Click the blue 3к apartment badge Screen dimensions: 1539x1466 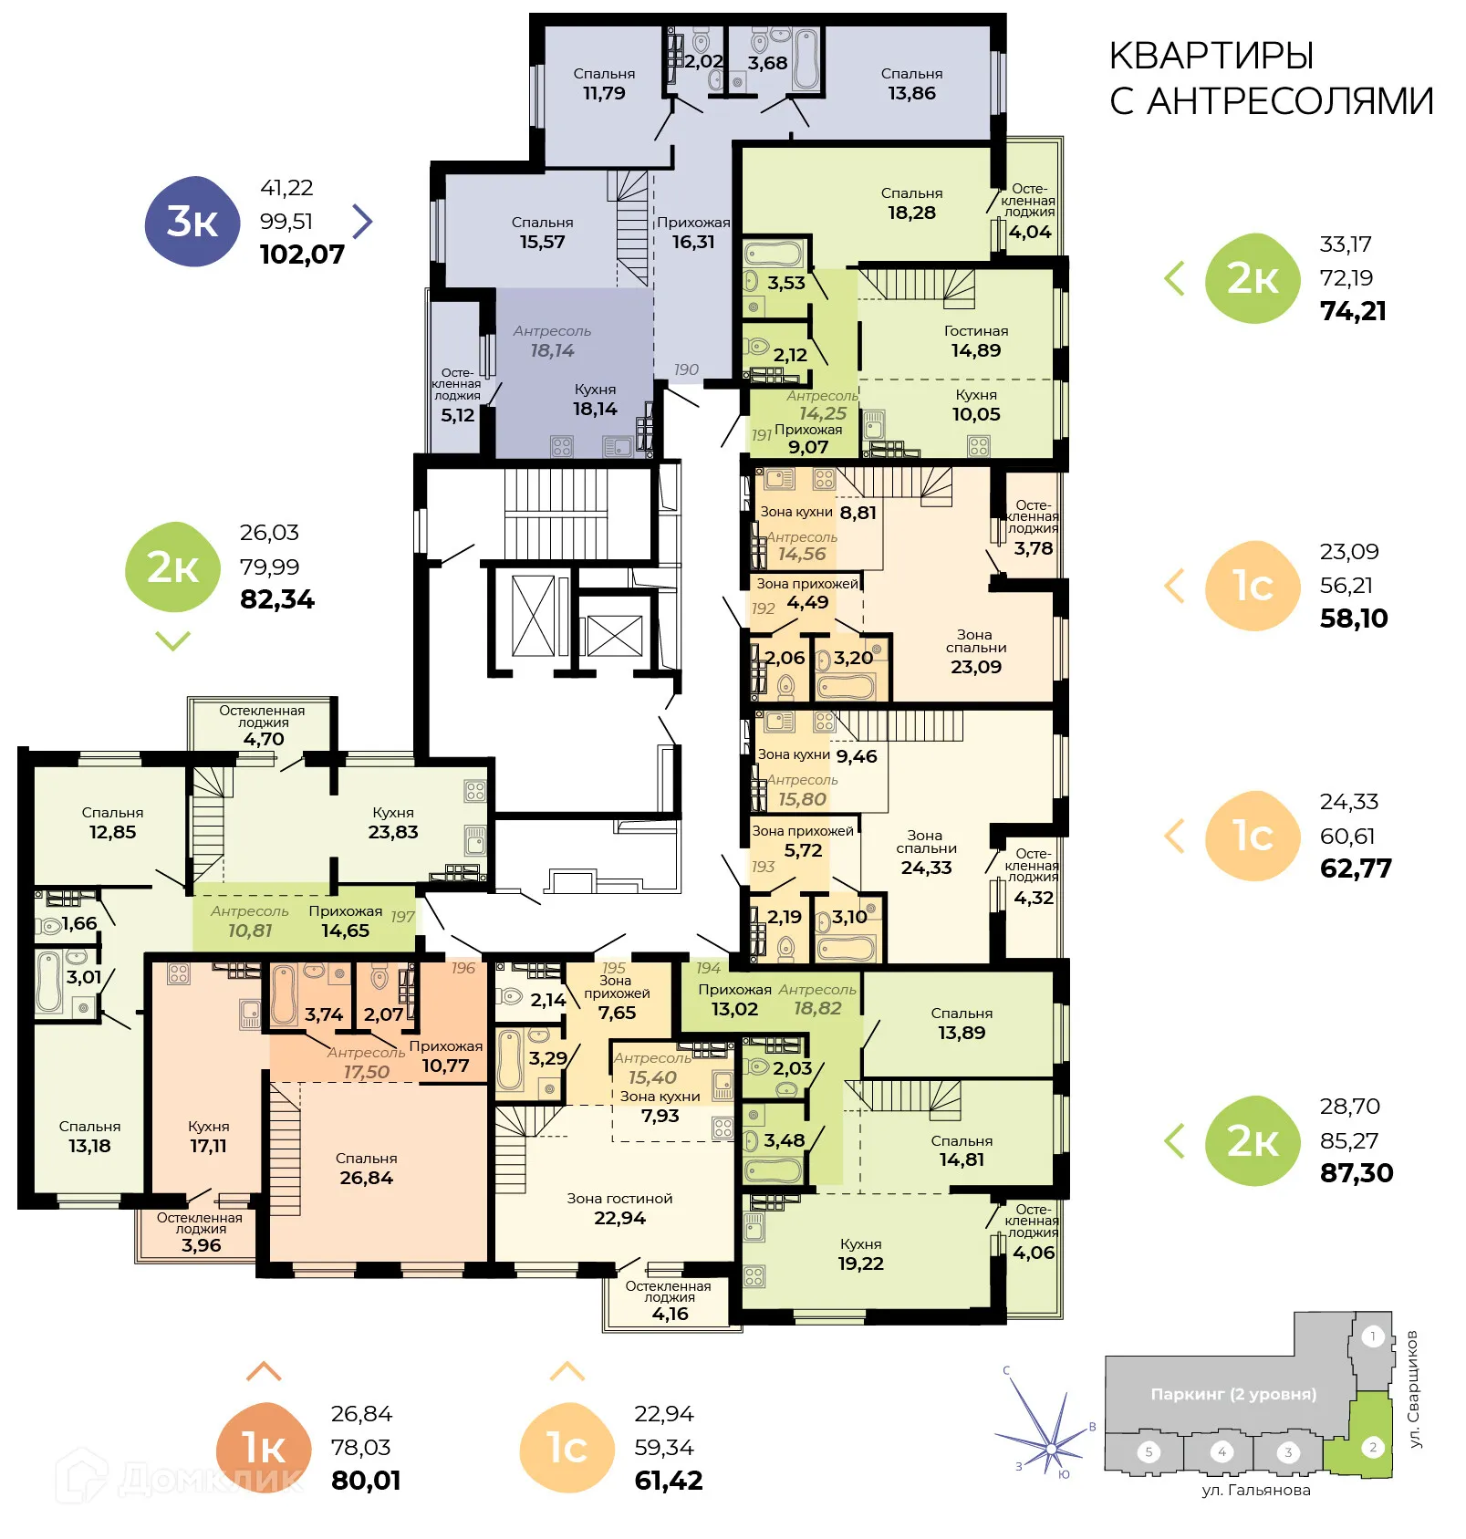[x=192, y=222]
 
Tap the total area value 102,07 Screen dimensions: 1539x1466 [x=302, y=255]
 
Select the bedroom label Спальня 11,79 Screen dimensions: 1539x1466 [x=604, y=84]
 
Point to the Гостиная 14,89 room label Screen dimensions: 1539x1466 [x=975, y=341]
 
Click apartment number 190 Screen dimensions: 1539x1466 [x=686, y=369]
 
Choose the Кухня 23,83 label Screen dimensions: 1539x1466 [x=393, y=823]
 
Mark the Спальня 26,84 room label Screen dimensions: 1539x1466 [x=366, y=1169]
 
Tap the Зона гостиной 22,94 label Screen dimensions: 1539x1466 [x=619, y=1209]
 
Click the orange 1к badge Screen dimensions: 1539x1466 [x=263, y=1447]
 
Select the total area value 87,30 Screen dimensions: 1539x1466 [x=1357, y=1173]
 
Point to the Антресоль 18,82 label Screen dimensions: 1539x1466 [x=817, y=1000]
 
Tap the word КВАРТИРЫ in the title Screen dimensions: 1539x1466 [x=1211, y=57]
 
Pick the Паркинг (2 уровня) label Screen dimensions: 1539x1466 [x=1233, y=1394]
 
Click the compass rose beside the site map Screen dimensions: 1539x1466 [x=1050, y=1445]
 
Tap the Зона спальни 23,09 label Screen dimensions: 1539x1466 [x=975, y=651]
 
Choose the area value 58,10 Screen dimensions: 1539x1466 [x=1354, y=619]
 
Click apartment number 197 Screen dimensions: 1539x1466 [x=402, y=917]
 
